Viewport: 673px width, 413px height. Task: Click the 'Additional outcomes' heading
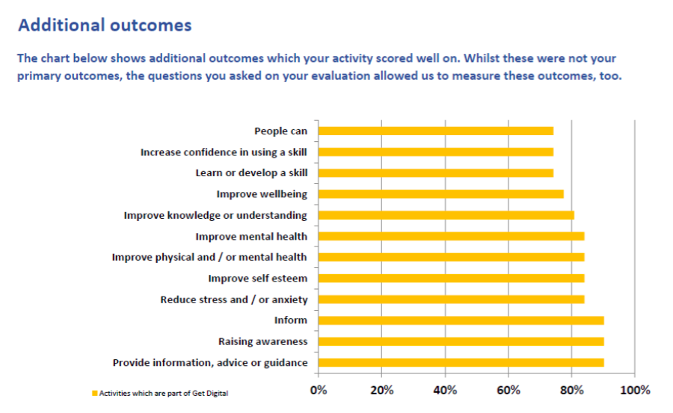click(x=105, y=25)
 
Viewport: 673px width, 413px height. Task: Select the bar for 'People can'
click(x=436, y=131)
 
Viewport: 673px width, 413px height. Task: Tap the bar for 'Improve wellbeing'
click(x=441, y=194)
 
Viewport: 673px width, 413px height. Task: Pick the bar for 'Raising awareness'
click(x=461, y=341)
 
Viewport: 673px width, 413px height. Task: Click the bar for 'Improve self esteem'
click(x=451, y=279)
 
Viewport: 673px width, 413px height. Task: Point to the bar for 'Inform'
click(x=461, y=320)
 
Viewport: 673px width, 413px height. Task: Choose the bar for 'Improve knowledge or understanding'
click(x=446, y=215)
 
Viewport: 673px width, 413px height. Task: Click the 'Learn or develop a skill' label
click(x=251, y=173)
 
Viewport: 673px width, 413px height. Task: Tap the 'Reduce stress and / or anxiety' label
click(x=234, y=299)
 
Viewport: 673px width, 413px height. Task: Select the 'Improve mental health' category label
click(x=251, y=236)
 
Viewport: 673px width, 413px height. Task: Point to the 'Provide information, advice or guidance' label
click(x=210, y=362)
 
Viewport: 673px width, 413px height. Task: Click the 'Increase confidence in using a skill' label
click(x=224, y=152)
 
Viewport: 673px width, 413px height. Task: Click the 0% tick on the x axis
click(x=319, y=390)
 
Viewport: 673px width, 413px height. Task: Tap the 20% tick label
click(x=381, y=390)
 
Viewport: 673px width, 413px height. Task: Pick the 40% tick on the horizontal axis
click(x=445, y=390)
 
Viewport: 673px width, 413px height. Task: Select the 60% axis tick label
click(x=508, y=390)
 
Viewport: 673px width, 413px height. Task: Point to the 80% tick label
click(x=571, y=390)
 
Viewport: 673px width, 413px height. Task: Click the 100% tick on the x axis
click(x=634, y=390)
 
